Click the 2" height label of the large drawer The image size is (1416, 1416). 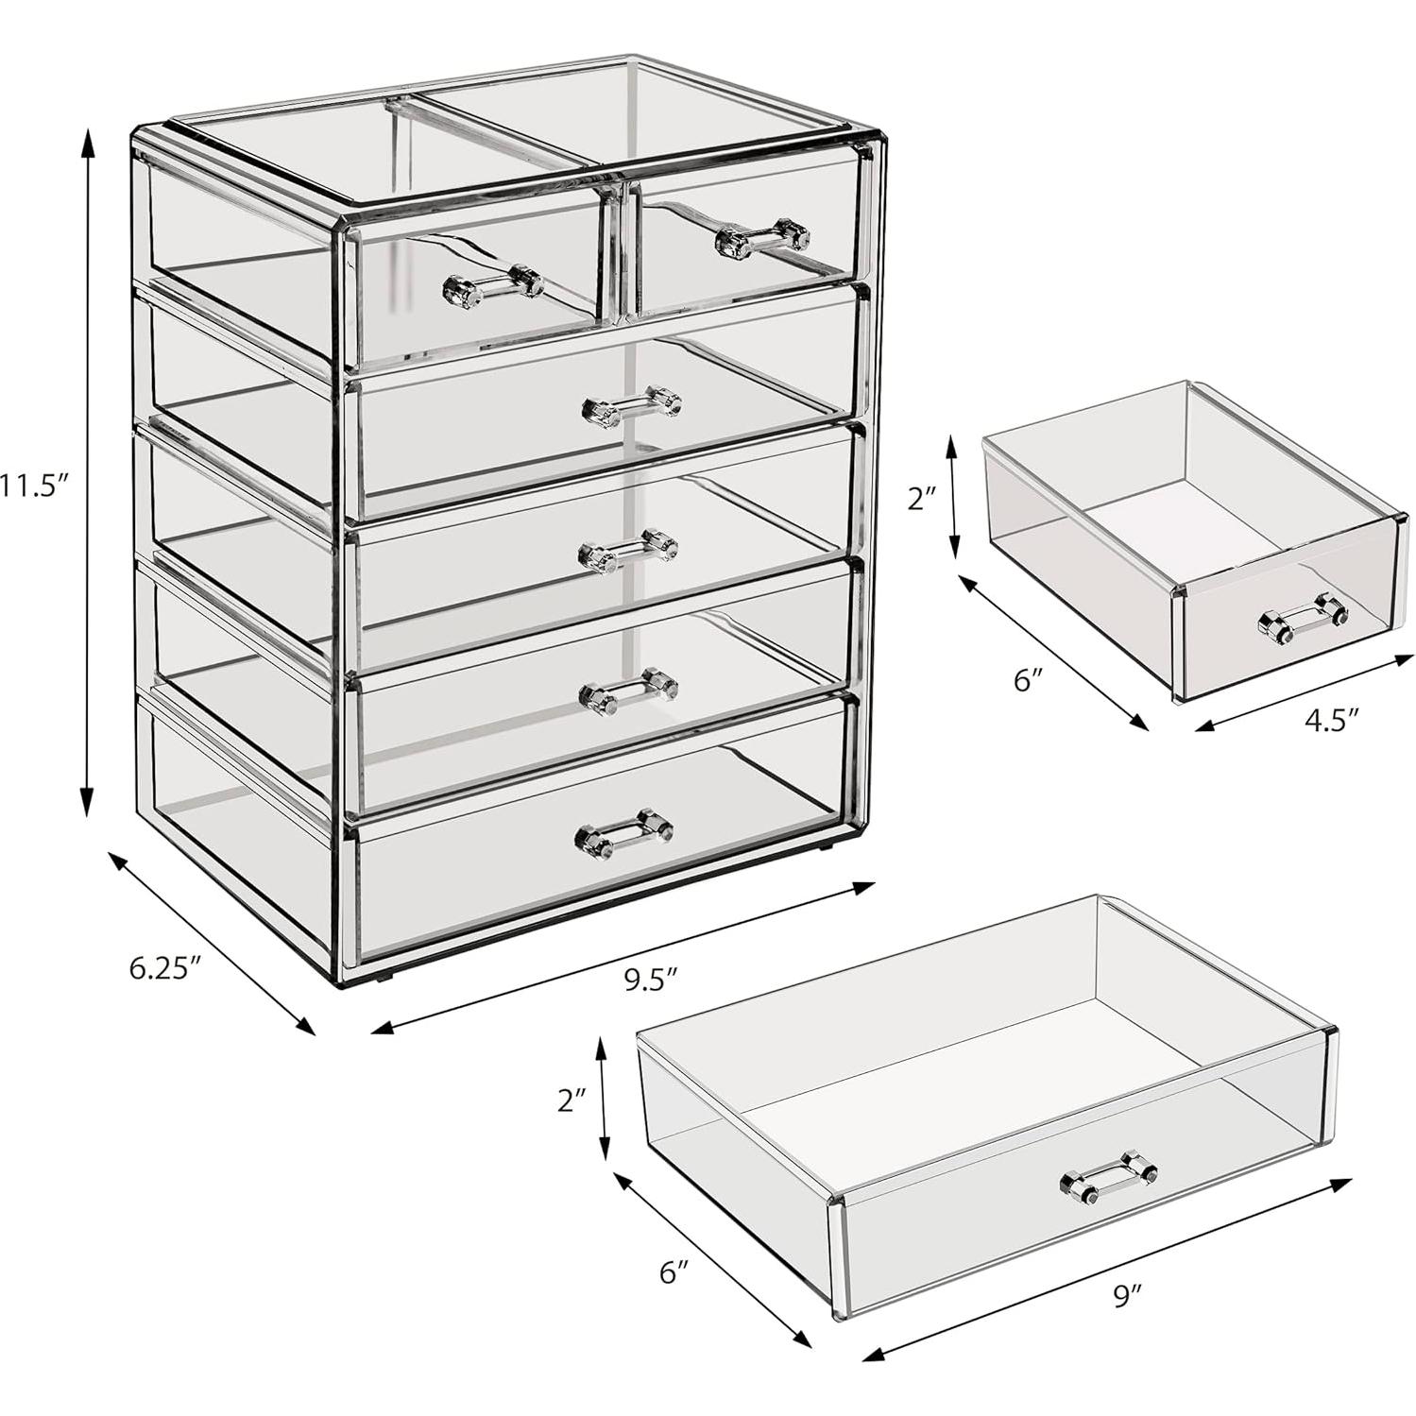tap(572, 1100)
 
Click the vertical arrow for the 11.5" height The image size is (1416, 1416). tap(87, 472)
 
